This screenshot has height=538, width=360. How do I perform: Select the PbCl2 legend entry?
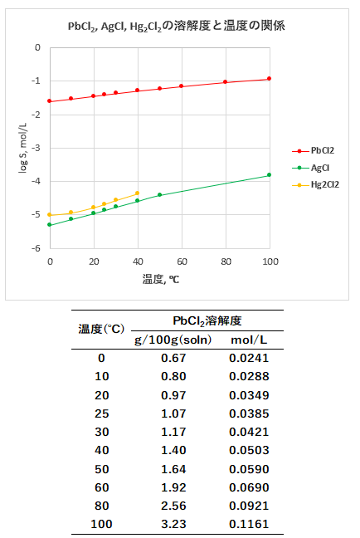321,150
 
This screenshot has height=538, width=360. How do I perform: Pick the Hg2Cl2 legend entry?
322,184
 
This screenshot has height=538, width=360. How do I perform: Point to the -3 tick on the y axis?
36,148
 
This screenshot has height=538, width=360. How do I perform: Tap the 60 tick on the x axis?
182,261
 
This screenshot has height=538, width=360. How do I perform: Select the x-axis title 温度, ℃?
159,279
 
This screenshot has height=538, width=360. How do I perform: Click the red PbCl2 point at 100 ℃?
270,79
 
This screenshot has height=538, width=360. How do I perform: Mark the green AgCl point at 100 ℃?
270,175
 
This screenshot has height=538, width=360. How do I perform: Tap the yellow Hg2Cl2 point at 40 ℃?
138,193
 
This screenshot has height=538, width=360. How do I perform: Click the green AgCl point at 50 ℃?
159,195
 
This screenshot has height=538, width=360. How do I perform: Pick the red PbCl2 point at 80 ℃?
226,81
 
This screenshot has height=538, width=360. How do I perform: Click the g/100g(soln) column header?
173,340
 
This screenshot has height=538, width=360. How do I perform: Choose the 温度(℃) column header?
101,330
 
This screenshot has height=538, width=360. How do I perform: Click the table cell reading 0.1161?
249,524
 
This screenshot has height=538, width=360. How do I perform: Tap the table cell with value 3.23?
173,524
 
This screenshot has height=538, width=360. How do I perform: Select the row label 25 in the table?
101,413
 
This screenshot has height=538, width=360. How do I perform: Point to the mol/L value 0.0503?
249,450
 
